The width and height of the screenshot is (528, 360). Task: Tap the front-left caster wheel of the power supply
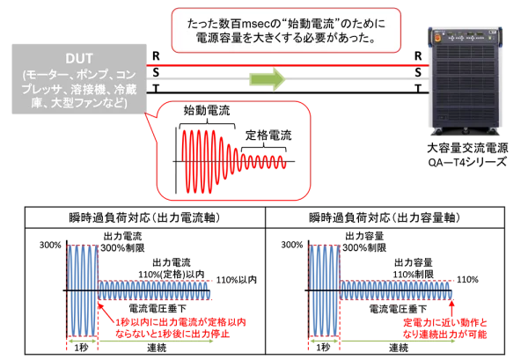click(x=436, y=133)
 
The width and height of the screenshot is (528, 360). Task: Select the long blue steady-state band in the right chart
click(x=396, y=290)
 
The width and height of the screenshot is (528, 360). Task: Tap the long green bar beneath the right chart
click(x=396, y=342)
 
